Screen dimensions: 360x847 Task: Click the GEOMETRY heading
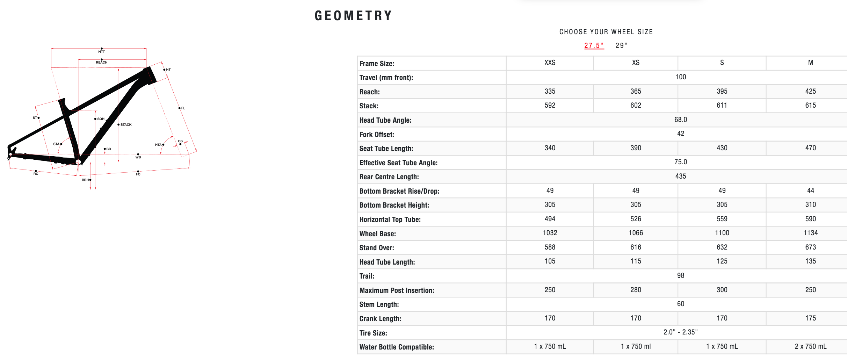pos(353,16)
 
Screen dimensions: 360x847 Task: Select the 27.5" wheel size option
pos(594,45)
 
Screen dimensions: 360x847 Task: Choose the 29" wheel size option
pos(621,45)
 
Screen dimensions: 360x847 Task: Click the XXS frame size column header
pos(550,63)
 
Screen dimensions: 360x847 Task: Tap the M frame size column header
pos(810,63)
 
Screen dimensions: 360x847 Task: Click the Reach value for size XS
pos(636,92)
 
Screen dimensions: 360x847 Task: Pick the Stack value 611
pos(722,106)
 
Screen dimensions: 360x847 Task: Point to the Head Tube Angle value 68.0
pos(680,120)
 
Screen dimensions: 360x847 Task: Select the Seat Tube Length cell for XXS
pos(550,148)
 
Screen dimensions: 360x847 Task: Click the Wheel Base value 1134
pos(810,233)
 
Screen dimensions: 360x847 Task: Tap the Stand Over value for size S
pos(722,247)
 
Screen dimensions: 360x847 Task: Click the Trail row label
pos(367,276)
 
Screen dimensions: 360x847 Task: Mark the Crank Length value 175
pos(810,318)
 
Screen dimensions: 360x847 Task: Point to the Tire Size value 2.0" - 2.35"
pos(680,332)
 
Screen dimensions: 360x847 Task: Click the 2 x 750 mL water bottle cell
pos(810,347)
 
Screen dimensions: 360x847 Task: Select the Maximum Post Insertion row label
pos(397,290)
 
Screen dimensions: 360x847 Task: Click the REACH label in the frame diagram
pos(102,63)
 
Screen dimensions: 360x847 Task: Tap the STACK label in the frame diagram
pos(126,125)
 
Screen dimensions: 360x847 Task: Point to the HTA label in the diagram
pos(158,145)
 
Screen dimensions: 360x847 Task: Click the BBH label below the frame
pos(85,180)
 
